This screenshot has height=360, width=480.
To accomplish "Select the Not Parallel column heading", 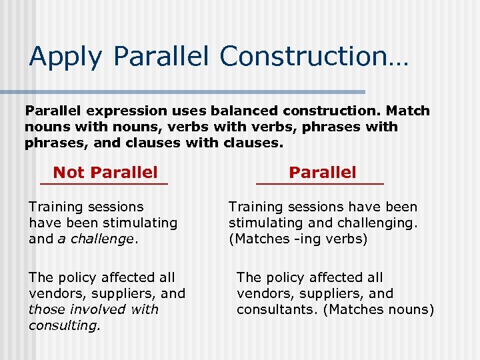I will pos(105,173).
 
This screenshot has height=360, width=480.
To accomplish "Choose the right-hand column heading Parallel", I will pos(323,173).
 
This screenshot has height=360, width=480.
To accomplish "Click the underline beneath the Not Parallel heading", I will pos(103,183).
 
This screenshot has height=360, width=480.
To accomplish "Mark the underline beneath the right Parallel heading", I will pos(320,183).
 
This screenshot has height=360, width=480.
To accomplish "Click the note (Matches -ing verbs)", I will pos(298,239).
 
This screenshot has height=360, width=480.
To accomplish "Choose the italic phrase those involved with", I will pos(93,309).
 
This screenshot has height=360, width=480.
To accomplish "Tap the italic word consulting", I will pos(64,325).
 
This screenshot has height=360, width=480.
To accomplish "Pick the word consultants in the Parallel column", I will pos(273,309).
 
